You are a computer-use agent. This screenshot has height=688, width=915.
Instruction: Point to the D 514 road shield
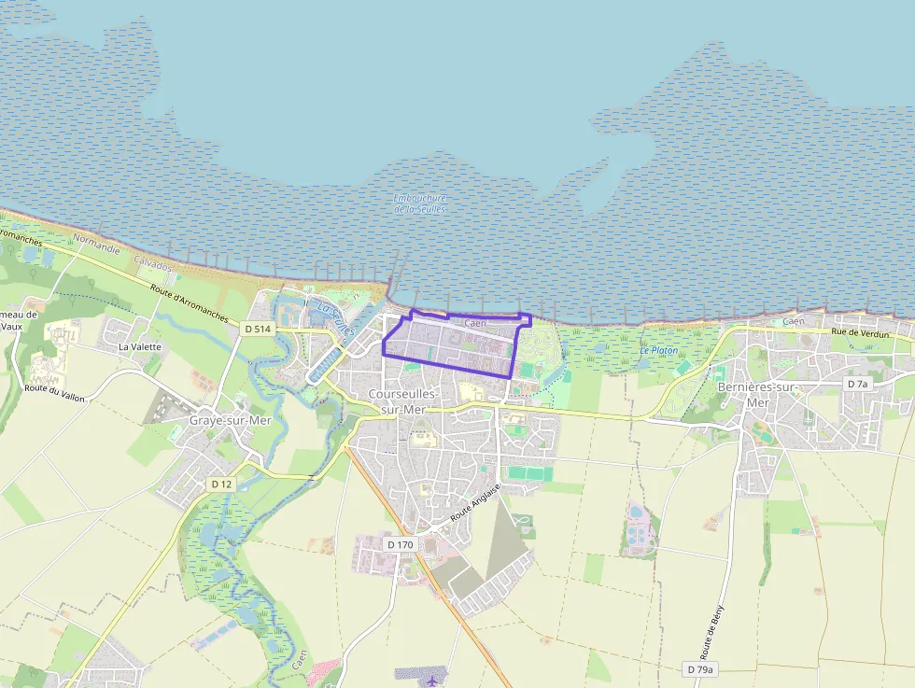coord(258,329)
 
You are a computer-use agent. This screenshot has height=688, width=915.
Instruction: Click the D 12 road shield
coord(221,484)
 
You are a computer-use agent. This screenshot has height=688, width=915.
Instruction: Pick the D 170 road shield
coord(399,544)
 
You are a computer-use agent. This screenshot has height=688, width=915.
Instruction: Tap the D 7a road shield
coord(857,384)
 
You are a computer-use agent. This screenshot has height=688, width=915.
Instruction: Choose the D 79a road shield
coord(699,669)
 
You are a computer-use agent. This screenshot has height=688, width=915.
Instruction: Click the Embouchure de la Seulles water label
coord(420,204)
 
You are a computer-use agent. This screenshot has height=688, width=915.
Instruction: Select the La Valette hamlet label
coord(139,346)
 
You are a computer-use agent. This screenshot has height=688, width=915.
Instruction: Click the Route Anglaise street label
coord(475,502)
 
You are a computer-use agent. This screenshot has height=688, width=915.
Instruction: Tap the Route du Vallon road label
coord(55,393)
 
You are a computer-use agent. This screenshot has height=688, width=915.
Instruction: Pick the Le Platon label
coord(658,350)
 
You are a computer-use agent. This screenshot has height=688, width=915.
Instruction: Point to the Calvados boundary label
coord(153,265)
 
